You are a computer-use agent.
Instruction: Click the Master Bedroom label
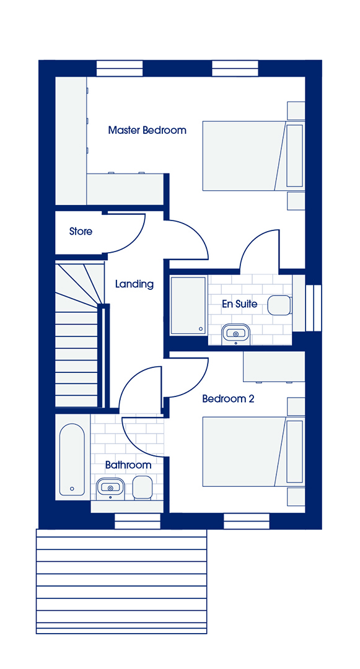[147, 129]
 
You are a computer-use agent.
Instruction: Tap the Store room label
[81, 232]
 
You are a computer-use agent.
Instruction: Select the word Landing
[134, 284]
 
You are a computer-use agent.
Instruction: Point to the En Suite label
[240, 304]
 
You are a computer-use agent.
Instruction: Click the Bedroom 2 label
[228, 399]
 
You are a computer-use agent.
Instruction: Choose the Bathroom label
[128, 465]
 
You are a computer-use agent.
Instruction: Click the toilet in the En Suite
[279, 305]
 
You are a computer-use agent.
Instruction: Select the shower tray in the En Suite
[188, 305]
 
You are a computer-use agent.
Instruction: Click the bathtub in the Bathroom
[72, 460]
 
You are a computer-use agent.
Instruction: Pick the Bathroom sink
[110, 488]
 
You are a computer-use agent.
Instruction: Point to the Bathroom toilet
[142, 488]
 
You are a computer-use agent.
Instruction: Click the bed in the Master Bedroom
[253, 155]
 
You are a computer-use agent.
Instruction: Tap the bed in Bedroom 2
[253, 452]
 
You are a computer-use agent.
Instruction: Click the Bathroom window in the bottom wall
[138, 521]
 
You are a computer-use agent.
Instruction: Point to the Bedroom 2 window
[247, 521]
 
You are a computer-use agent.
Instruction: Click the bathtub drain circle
[72, 489]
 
